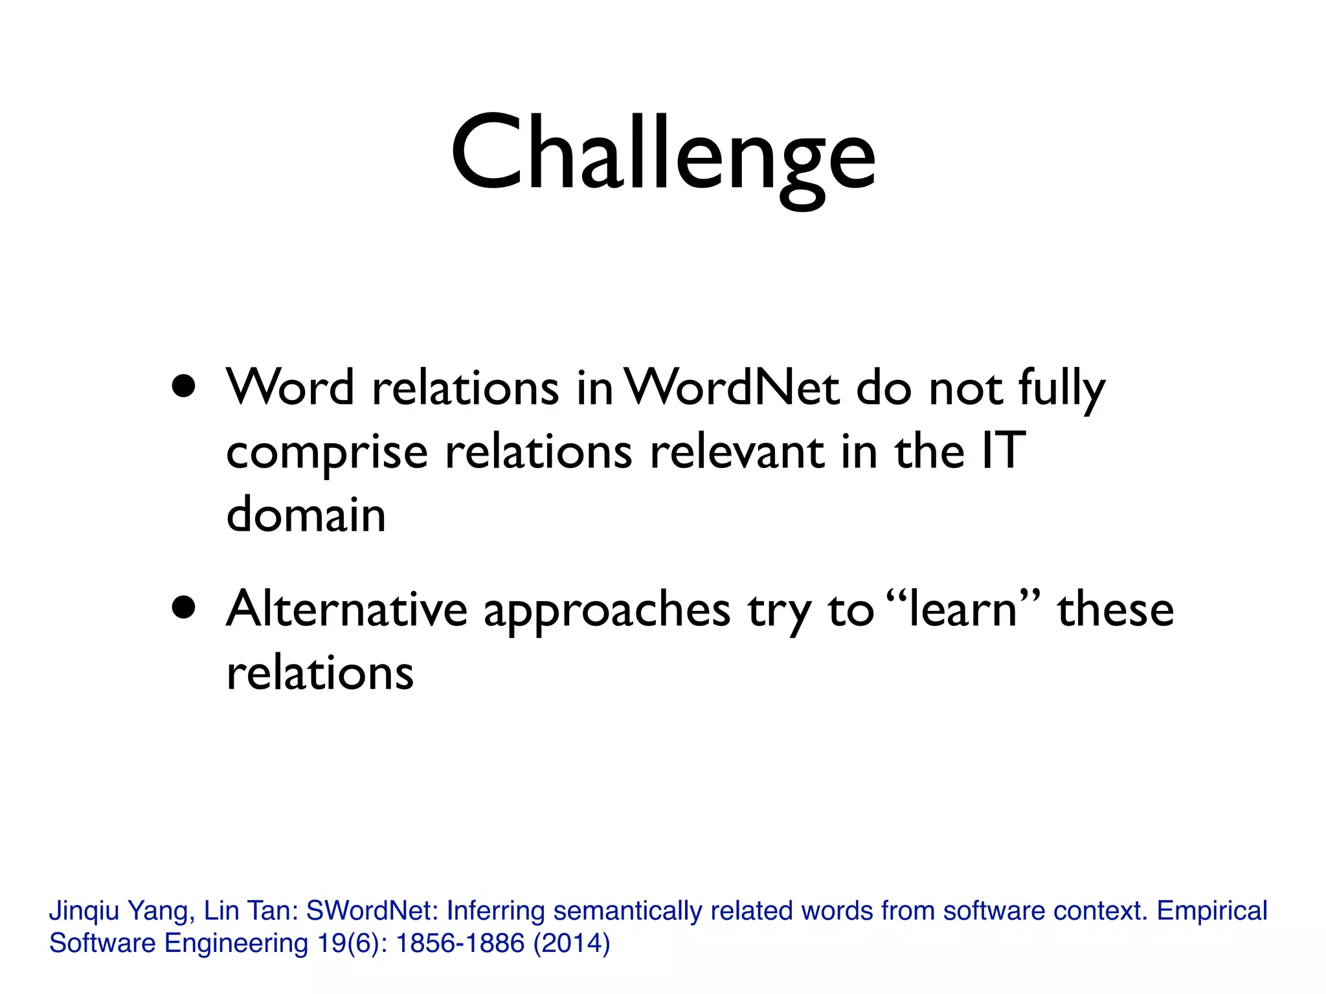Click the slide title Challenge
663,155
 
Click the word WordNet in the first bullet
734,388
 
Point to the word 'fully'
1061,390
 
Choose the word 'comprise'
327,453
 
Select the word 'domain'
306,514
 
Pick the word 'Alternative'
347,609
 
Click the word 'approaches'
607,612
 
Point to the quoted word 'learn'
963,609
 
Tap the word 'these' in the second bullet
1115,609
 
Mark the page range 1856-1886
460,943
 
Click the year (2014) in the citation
572,943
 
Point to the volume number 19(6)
352,943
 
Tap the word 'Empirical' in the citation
1212,911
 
